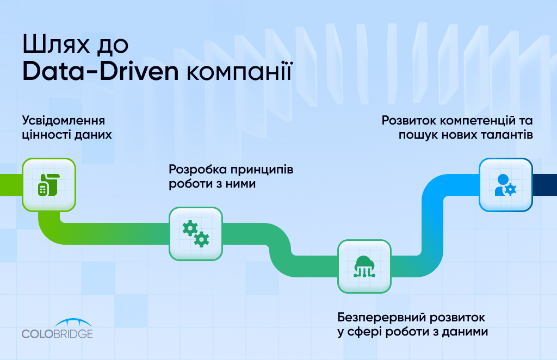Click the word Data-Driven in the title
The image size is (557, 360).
(x=101, y=71)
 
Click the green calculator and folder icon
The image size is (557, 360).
(x=49, y=185)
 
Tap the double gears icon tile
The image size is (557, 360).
(x=196, y=234)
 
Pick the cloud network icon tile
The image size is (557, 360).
(x=364, y=266)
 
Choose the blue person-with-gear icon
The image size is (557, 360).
(x=505, y=185)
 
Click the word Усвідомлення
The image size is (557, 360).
(x=64, y=120)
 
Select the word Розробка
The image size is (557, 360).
(x=197, y=169)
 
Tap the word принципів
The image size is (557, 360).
(x=262, y=170)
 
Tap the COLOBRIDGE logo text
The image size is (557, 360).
(x=57, y=334)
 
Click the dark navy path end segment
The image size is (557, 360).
(x=545, y=184)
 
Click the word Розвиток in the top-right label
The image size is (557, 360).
(x=409, y=121)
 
